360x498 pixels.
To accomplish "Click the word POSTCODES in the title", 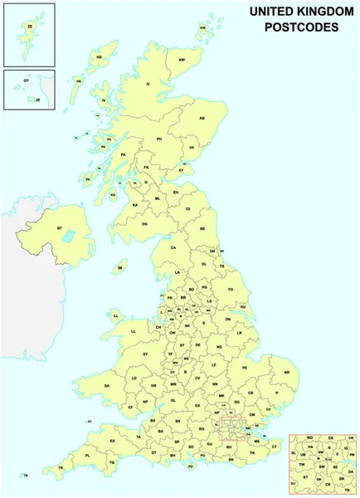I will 300,27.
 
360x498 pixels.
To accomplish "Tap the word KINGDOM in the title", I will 319,12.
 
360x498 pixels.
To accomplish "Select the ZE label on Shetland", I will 31,26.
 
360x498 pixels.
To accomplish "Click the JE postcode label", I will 37,98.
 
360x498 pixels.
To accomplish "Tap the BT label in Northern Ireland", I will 60,227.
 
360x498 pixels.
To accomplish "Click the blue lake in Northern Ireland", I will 66,237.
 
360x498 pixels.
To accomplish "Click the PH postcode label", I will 159,140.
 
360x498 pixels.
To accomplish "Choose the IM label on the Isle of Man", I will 121,268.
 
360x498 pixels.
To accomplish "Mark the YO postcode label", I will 231,289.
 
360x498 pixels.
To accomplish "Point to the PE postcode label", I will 245,367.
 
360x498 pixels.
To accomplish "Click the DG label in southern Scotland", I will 144,224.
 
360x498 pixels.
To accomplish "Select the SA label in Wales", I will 107,386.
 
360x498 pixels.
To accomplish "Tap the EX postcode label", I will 113,440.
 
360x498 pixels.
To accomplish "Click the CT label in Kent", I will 275,446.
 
